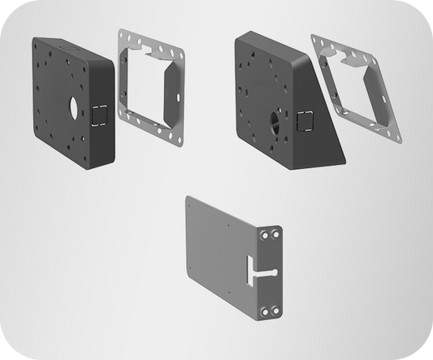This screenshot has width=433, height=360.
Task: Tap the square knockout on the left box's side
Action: pos(98,117)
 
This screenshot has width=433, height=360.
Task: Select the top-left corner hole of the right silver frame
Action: pos(316,39)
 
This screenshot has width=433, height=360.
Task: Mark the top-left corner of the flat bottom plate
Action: pos(187,197)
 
